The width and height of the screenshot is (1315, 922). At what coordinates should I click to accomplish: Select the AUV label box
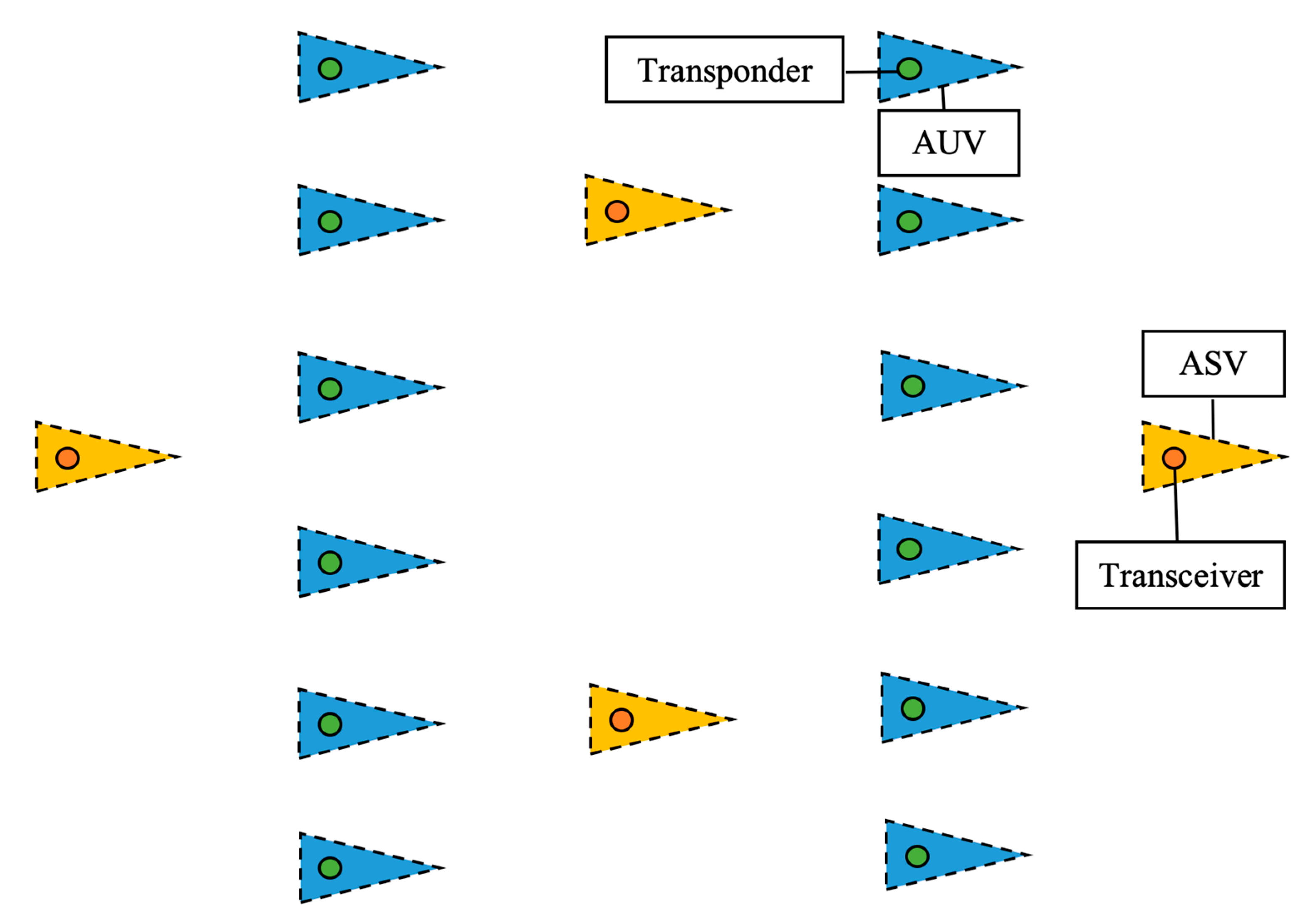pyautogui.click(x=948, y=143)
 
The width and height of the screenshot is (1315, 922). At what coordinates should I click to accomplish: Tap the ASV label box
pyautogui.click(x=1213, y=363)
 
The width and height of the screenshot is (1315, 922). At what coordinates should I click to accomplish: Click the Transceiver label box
pyautogui.click(x=1180, y=576)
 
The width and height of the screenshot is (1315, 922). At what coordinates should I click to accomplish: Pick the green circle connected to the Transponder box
pyautogui.click(x=909, y=69)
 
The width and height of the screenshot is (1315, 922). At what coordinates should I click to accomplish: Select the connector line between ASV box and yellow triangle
pyautogui.click(x=1213, y=419)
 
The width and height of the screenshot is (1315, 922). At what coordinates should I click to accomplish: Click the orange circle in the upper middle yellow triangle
pyautogui.click(x=617, y=211)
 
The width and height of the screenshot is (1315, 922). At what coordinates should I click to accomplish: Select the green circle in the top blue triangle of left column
pyautogui.click(x=330, y=69)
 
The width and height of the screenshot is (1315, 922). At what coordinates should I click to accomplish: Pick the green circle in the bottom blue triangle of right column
pyautogui.click(x=917, y=856)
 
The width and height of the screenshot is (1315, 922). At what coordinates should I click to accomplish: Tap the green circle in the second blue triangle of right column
pyautogui.click(x=909, y=222)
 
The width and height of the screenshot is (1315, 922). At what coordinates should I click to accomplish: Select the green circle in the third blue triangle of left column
pyautogui.click(x=330, y=389)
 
